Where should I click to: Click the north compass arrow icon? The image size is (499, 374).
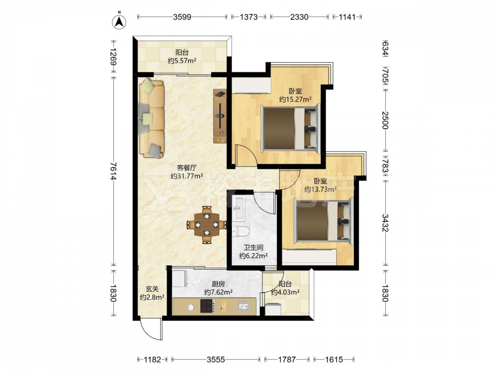tap(120, 21)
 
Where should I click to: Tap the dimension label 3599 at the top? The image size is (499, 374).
tap(182, 17)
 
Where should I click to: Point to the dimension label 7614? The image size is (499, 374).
tap(113, 171)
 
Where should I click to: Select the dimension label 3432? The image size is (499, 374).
tap(385, 222)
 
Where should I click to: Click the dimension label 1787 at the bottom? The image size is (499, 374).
tap(287, 360)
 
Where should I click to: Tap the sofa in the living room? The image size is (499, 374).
tap(151, 118)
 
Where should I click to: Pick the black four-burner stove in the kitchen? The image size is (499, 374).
tap(207, 306)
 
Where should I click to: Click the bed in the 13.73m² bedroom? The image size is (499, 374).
tap(324, 219)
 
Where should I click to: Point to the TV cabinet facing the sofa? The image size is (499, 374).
tap(220, 116)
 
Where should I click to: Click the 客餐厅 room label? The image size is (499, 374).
tap(187, 168)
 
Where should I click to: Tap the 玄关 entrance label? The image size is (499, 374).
tap(152, 289)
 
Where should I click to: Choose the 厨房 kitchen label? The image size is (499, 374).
tap(218, 284)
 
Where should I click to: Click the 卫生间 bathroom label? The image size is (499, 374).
tap(253, 247)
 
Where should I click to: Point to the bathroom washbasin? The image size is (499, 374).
tap(238, 208)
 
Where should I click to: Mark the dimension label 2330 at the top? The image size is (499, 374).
tap(299, 17)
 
